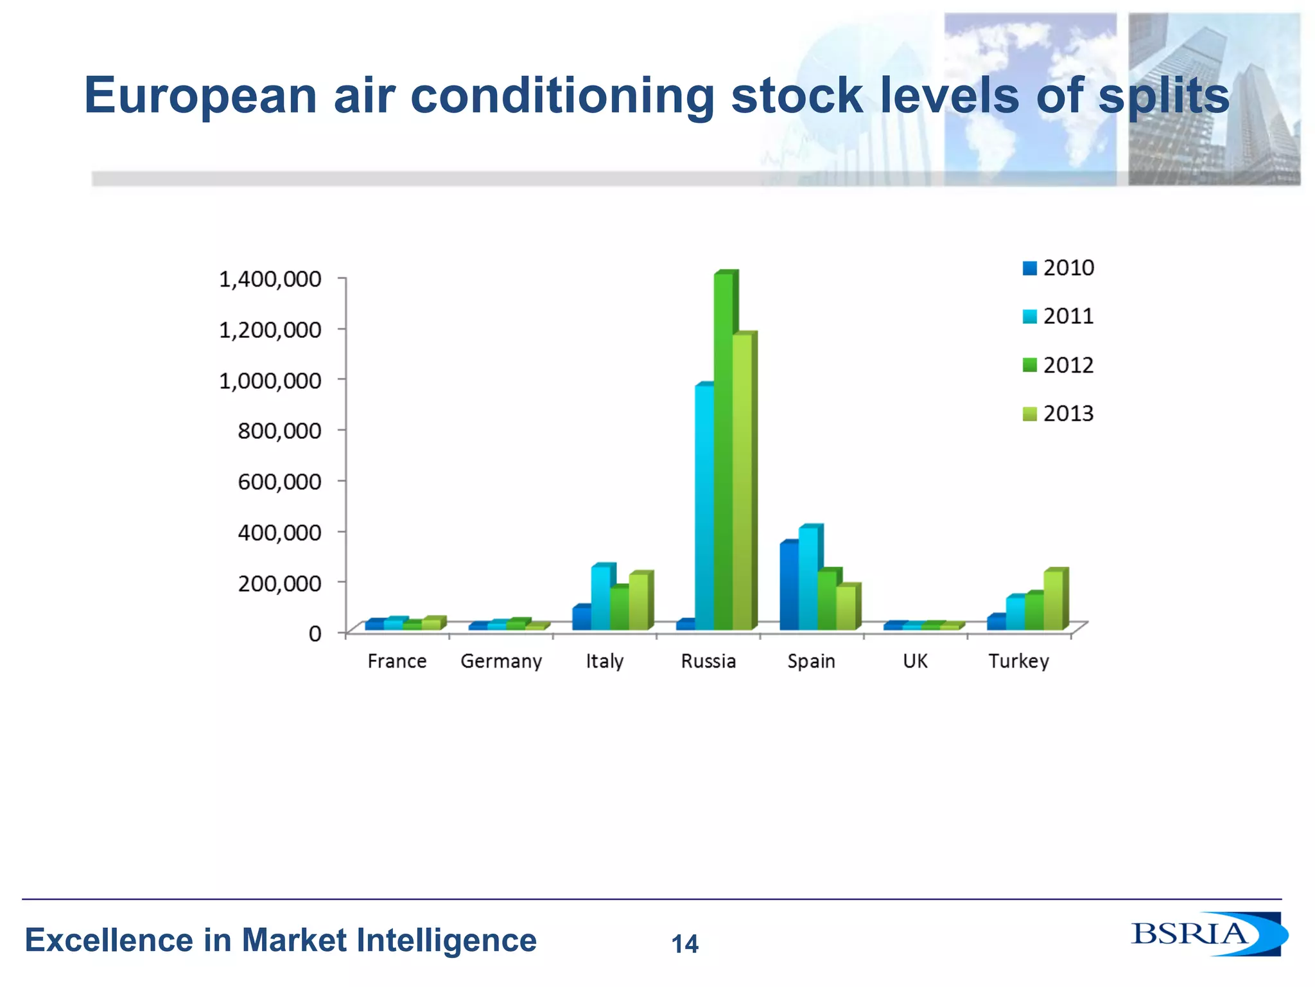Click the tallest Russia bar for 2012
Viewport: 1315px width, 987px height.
click(723, 450)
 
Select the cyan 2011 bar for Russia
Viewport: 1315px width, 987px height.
click(704, 508)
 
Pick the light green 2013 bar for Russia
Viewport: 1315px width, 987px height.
click(742, 482)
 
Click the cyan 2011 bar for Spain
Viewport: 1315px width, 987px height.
click(808, 578)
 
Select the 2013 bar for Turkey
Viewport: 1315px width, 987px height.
click(1053, 600)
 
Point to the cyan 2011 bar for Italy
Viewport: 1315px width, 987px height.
click(600, 598)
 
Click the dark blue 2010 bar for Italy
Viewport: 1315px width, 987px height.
click(582, 618)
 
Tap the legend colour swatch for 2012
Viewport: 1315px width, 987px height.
click(1029, 366)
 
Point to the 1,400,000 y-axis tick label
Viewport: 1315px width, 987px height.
click(270, 279)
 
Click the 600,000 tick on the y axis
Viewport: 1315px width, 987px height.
click(279, 481)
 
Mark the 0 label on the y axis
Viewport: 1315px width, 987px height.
click(315, 634)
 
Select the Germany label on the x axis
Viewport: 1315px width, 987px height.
click(501, 661)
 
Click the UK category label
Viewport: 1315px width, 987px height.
click(915, 661)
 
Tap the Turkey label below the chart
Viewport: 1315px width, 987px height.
click(1018, 661)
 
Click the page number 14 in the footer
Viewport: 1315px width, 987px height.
click(684, 944)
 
